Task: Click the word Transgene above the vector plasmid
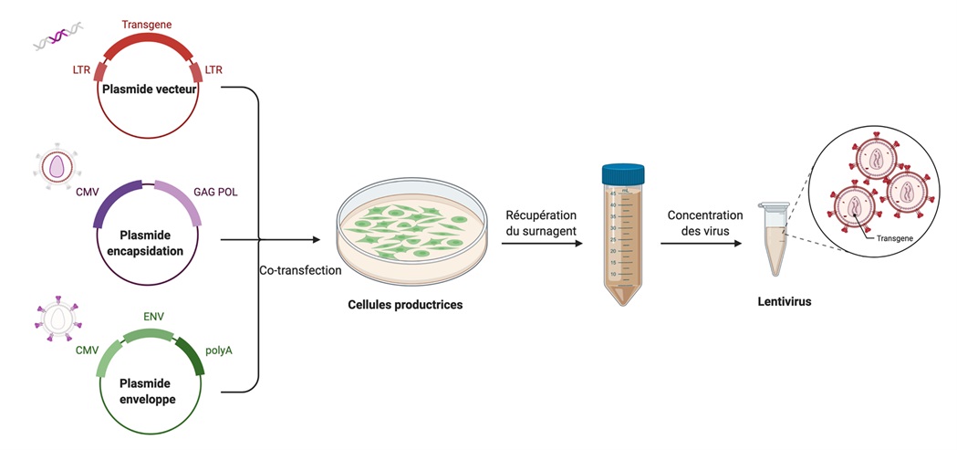coord(147,24)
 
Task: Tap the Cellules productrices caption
coord(405,304)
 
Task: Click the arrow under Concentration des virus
coord(699,243)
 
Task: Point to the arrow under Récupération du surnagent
coord(541,243)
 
